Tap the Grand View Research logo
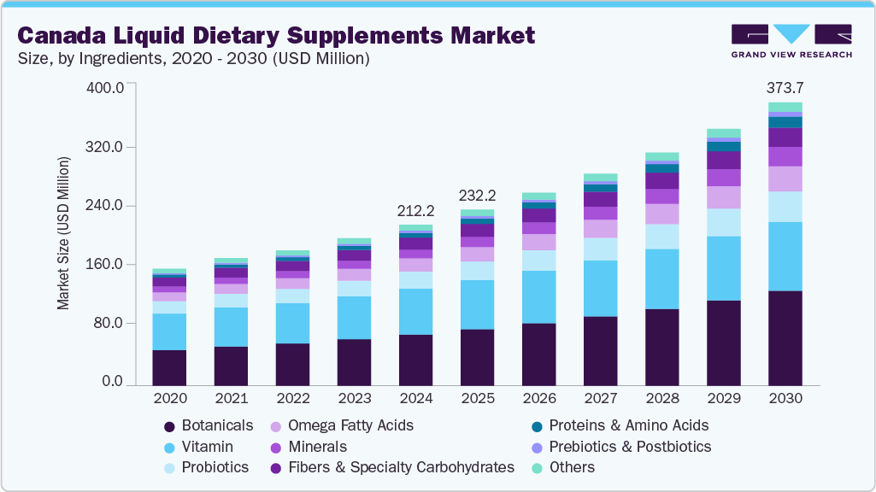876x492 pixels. tap(791, 41)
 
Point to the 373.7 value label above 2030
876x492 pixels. tap(785, 88)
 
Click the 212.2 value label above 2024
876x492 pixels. tap(415, 210)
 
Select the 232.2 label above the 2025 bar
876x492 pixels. tap(477, 195)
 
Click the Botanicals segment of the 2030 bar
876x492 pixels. tap(785, 338)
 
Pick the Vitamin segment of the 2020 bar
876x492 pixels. tap(169, 331)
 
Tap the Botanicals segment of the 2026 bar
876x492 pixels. tap(538, 354)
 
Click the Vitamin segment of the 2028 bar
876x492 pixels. tap(661, 278)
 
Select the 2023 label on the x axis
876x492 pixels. tap(354, 398)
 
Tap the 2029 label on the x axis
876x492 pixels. tap(723, 398)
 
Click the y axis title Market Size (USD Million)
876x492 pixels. tap(63, 233)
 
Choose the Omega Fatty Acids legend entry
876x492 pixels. tap(350, 425)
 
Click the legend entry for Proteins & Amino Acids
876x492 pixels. tap(628, 425)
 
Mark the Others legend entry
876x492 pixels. tap(572, 467)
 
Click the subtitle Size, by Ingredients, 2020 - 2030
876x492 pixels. tap(193, 59)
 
